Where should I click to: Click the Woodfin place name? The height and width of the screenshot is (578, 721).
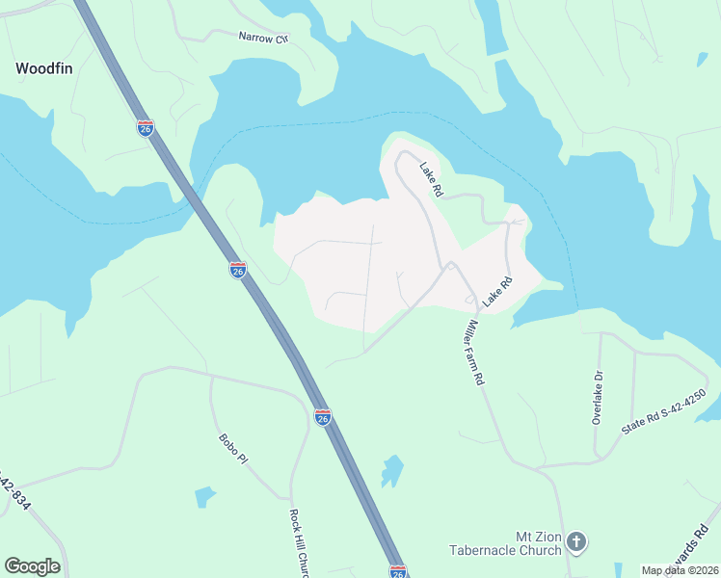44,68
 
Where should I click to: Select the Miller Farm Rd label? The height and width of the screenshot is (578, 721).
472,353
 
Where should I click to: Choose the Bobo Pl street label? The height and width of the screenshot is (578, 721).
233,449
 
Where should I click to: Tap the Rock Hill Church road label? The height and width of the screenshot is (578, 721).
298,544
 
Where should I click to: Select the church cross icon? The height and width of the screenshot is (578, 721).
576,542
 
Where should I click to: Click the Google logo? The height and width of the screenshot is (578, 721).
32,566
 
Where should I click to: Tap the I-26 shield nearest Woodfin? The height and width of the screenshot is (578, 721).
145,129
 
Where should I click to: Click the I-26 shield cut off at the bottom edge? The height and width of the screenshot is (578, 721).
398,572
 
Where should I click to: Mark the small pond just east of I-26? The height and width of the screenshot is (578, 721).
391,471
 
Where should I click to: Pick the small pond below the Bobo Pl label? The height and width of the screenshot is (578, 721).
205,497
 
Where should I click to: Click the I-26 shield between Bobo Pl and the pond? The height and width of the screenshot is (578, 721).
323,417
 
